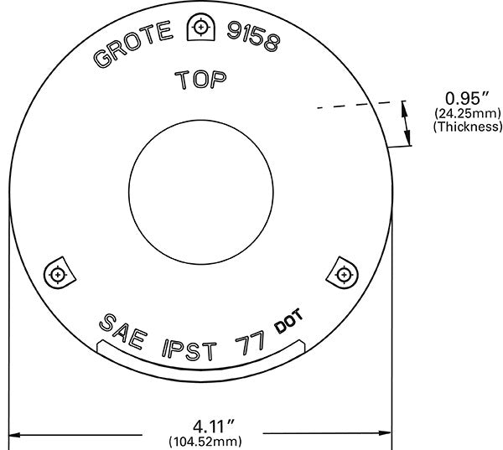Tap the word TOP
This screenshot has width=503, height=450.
pos(200,80)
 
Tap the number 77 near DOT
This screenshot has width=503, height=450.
pos(251,341)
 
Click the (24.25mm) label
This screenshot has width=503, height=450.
pos(465,112)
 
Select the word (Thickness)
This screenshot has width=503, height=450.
pos(467,127)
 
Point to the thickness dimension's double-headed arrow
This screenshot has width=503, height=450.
pos(408,122)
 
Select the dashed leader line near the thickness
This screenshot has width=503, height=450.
pos(344,106)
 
